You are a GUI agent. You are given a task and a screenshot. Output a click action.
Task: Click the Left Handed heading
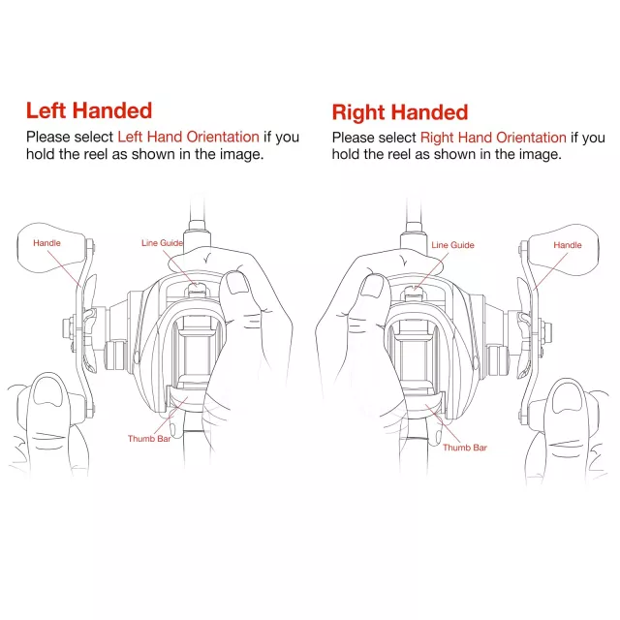(89, 110)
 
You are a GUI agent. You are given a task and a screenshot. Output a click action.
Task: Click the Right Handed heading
(400, 112)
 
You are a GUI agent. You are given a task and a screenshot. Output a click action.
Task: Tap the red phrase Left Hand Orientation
(188, 137)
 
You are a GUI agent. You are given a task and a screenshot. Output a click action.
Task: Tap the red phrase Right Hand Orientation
(493, 138)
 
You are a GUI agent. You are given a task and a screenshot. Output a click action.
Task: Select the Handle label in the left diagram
(46, 243)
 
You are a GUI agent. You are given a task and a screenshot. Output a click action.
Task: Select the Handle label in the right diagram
(568, 245)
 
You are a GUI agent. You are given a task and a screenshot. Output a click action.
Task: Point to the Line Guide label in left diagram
(162, 243)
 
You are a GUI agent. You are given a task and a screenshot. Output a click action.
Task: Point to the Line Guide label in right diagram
(452, 245)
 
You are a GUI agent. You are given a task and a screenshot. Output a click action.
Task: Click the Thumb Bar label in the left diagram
(149, 439)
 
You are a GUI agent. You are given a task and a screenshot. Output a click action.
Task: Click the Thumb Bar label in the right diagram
(465, 448)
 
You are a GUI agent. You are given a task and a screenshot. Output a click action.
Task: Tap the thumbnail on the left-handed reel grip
(237, 283)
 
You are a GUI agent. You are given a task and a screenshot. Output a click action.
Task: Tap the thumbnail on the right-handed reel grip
(373, 286)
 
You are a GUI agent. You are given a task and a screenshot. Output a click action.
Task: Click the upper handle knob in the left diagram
(51, 248)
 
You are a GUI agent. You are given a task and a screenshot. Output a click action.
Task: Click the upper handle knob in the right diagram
(564, 250)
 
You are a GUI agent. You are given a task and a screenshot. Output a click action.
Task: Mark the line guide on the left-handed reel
(197, 289)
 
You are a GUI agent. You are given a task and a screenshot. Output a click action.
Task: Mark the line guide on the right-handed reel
(413, 294)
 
